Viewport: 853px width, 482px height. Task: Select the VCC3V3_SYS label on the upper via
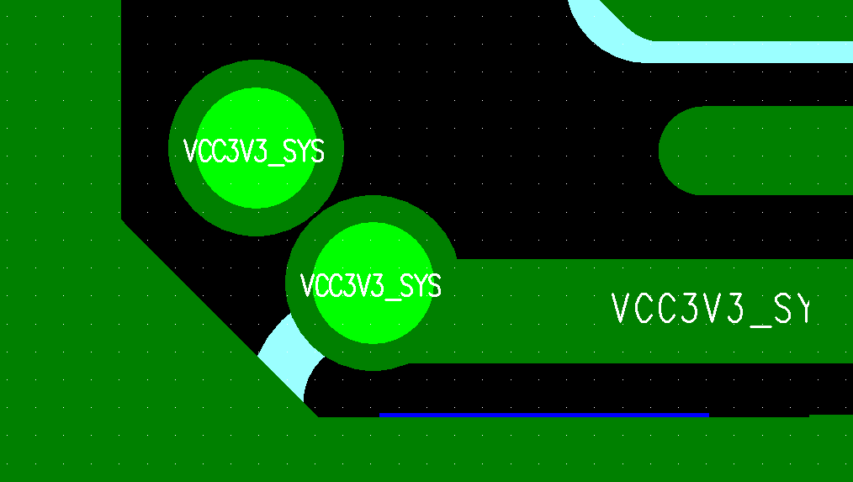coord(253,151)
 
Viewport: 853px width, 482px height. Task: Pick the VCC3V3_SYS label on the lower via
coord(371,286)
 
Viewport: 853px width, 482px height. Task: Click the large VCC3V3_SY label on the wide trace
coord(709,309)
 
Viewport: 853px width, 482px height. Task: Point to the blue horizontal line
coord(544,414)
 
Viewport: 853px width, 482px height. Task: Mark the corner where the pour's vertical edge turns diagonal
coord(121,220)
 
